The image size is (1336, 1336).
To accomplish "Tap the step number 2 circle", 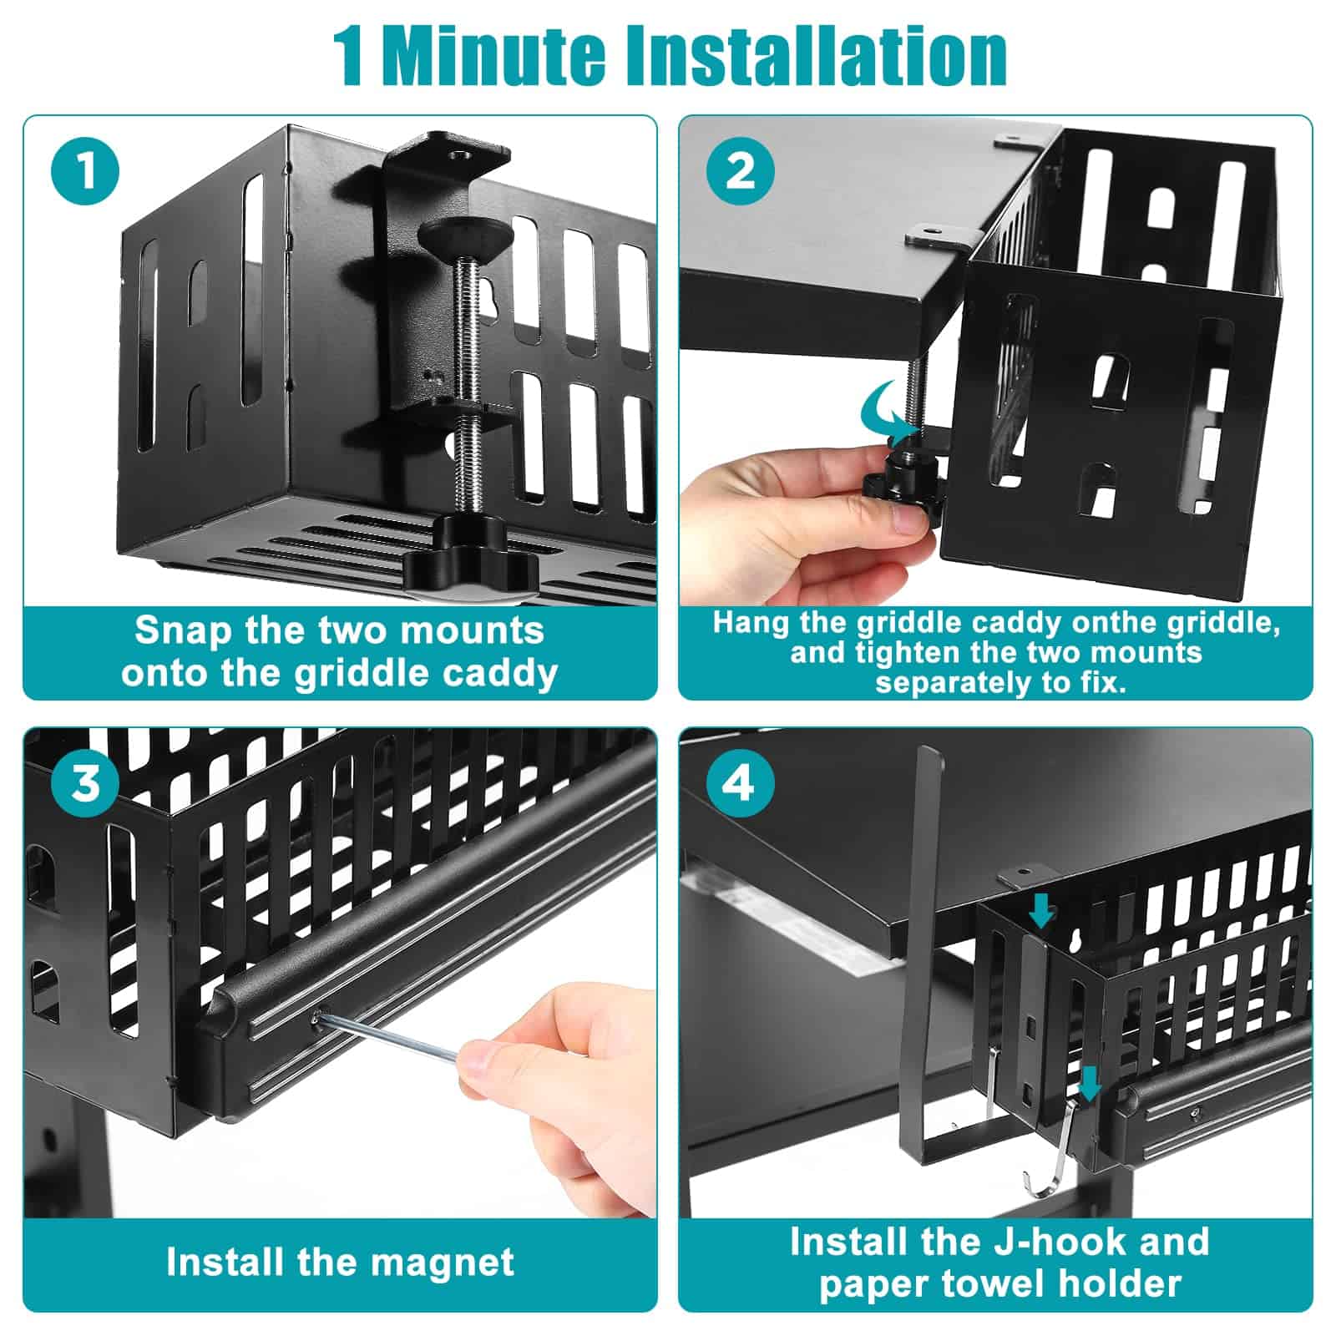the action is click(x=741, y=170).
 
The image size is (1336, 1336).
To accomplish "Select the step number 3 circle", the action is click(x=85, y=783).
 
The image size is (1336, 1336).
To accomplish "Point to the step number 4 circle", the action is click(x=741, y=783).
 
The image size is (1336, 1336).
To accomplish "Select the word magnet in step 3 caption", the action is click(x=443, y=1263).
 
